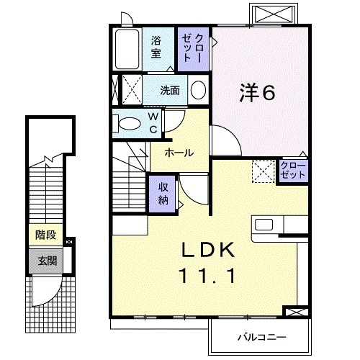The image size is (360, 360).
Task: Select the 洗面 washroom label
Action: pyautogui.click(x=170, y=91)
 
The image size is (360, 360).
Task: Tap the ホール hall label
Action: pyautogui.click(x=178, y=153)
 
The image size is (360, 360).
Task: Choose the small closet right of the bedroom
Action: pyautogui.click(x=293, y=171)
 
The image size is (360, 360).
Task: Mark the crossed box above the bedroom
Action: pyautogui.click(x=274, y=15)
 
